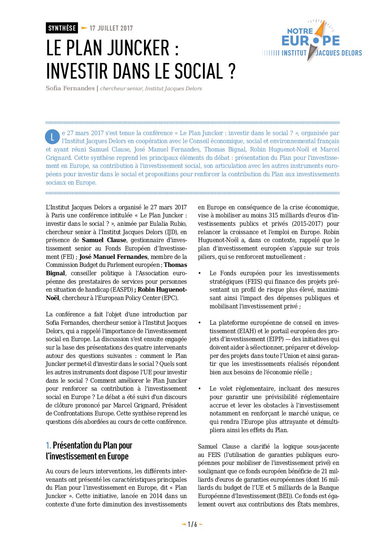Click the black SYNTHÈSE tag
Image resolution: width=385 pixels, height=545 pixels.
coord(62,28)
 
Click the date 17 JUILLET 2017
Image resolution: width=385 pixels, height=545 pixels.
coord(111,28)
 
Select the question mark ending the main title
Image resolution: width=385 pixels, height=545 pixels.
coord(233,71)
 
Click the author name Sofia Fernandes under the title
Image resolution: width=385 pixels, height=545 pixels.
coord(70,88)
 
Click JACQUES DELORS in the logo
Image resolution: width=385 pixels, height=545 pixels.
coord(339,53)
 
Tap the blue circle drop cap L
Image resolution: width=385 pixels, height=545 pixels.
coord(52,137)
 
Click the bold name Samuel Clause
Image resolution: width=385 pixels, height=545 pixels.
coord(104,240)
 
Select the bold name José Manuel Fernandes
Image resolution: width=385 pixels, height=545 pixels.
coord(113,257)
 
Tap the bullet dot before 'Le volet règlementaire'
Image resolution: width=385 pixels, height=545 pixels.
coord(200,389)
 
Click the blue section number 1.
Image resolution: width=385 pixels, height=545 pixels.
coord(48,446)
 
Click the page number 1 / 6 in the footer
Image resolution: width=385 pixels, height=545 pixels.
coord(192,525)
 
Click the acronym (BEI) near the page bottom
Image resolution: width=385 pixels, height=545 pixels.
coord(284,496)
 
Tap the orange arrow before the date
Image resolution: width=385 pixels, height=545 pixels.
coord(84,28)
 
